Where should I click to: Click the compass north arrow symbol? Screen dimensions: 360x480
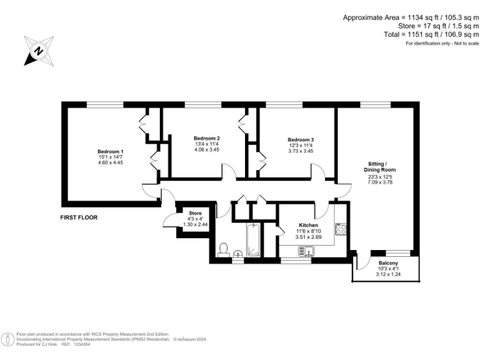tap(38, 51)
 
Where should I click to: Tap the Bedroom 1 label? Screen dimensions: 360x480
tap(110, 152)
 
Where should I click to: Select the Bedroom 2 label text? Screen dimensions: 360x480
tap(206, 138)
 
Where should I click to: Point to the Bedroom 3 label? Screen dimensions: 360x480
tap(301, 139)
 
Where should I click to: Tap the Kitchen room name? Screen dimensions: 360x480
tap(308, 225)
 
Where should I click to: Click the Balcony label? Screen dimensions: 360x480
tap(387, 263)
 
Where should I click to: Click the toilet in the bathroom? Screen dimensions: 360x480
tap(224, 249)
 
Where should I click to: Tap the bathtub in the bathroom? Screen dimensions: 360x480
tap(253, 240)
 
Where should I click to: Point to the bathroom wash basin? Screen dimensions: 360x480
tap(238, 254)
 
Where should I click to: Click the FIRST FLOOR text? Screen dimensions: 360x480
tap(79, 217)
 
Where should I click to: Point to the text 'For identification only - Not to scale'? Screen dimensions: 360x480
tap(442, 43)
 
